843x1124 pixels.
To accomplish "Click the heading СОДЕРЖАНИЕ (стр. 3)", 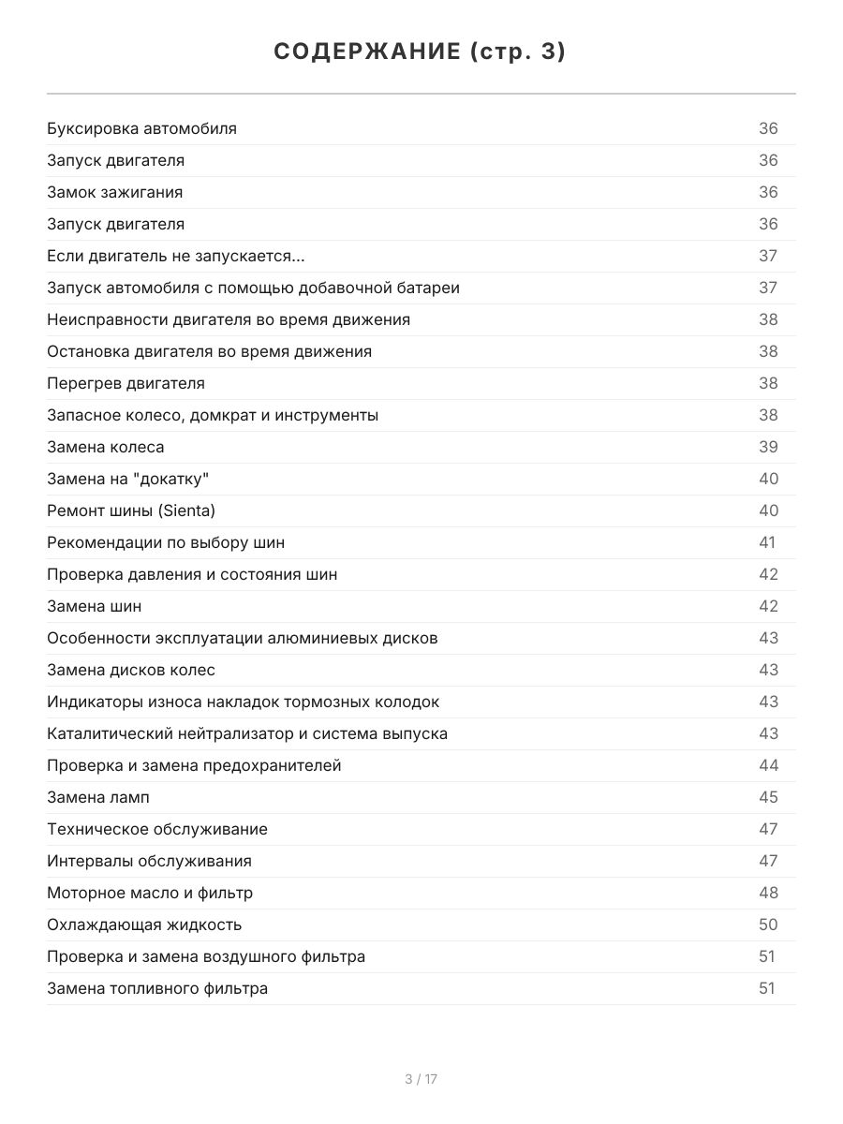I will click(420, 52).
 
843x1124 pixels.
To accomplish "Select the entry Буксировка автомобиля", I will click(141, 128).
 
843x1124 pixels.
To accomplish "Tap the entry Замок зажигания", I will click(114, 192).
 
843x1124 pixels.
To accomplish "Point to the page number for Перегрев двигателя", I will click(768, 383).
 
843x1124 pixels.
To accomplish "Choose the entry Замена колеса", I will click(105, 447).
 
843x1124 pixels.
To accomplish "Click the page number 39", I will click(768, 447).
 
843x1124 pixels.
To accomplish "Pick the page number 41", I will click(767, 542).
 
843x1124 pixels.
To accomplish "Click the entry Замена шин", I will click(95, 606).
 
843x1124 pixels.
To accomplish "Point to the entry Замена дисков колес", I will click(131, 670).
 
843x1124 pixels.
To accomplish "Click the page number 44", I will click(768, 765).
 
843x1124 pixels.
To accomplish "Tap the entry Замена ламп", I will click(97, 797).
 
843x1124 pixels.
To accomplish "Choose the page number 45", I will click(768, 797).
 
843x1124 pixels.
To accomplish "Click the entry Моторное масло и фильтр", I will click(150, 893).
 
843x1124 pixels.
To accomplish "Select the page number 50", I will click(768, 924).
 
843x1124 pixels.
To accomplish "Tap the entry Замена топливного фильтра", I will click(157, 988).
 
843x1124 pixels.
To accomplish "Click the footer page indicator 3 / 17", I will click(421, 1079).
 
